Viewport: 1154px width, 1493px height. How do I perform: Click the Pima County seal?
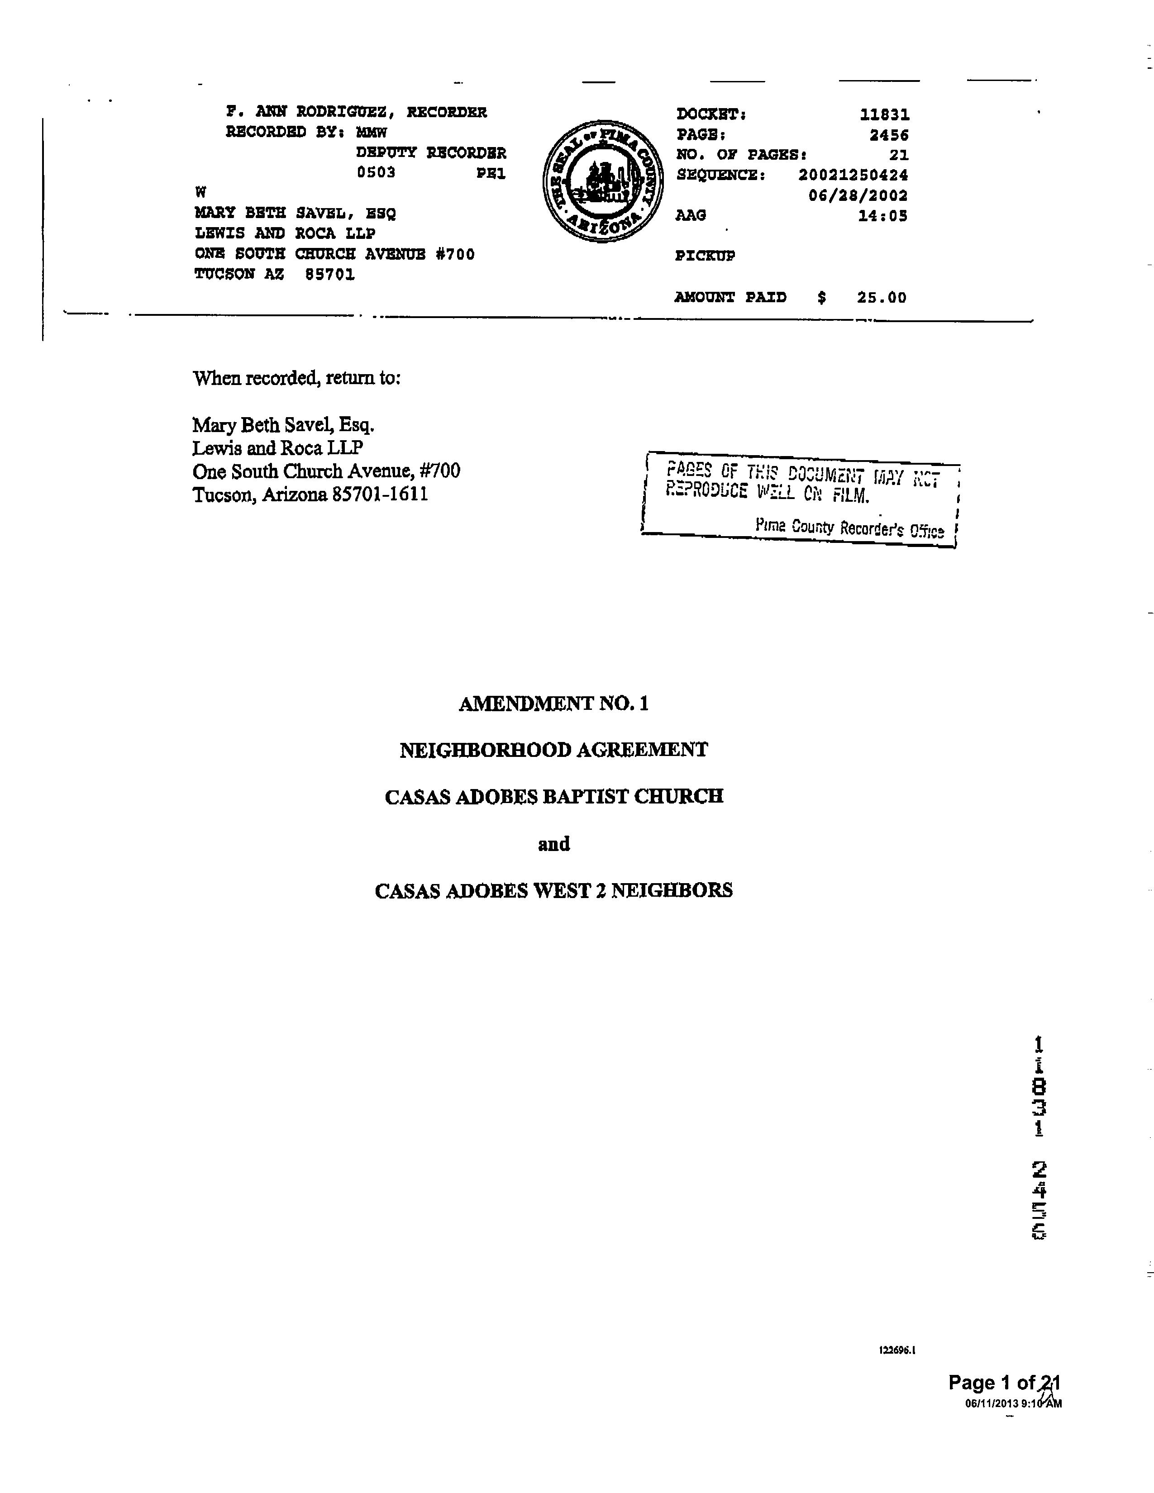[x=602, y=181]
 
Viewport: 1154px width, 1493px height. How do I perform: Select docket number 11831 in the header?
[x=885, y=115]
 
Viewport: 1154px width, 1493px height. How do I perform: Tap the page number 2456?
[x=889, y=135]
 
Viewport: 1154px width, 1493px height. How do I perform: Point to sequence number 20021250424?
[x=853, y=175]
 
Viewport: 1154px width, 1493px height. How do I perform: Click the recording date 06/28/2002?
[x=858, y=195]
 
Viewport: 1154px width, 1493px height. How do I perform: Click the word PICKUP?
[x=705, y=257]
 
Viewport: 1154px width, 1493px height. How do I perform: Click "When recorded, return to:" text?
[x=296, y=378]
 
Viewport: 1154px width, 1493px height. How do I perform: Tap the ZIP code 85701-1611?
[x=380, y=494]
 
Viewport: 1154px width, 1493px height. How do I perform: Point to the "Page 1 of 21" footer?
[x=1004, y=1383]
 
